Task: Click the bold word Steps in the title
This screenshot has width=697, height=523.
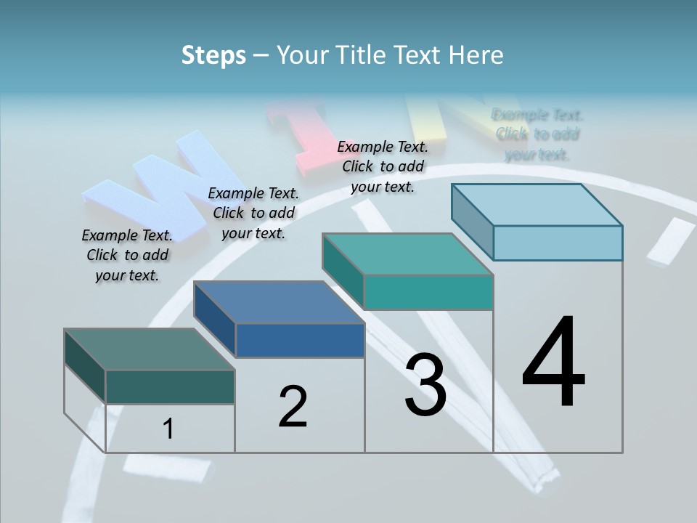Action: [213, 55]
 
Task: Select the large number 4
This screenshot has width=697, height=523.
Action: [553, 362]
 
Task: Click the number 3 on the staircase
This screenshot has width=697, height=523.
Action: [425, 385]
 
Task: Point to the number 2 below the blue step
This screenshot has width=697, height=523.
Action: [293, 407]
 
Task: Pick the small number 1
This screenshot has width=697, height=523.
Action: [168, 429]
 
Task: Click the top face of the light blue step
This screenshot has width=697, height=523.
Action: [537, 205]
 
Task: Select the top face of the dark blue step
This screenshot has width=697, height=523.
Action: [279, 302]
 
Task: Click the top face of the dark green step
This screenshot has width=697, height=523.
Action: [150, 349]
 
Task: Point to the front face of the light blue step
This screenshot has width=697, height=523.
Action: [558, 243]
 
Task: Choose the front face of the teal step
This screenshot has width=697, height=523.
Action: [428, 292]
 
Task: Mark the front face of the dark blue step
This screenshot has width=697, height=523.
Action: [300, 340]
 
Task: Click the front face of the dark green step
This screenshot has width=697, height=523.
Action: [170, 386]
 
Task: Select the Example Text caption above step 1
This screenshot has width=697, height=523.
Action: [127, 255]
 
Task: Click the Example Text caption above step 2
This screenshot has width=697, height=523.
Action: [253, 213]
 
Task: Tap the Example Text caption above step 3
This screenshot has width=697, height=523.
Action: [383, 166]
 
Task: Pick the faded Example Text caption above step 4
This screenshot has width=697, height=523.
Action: [537, 134]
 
